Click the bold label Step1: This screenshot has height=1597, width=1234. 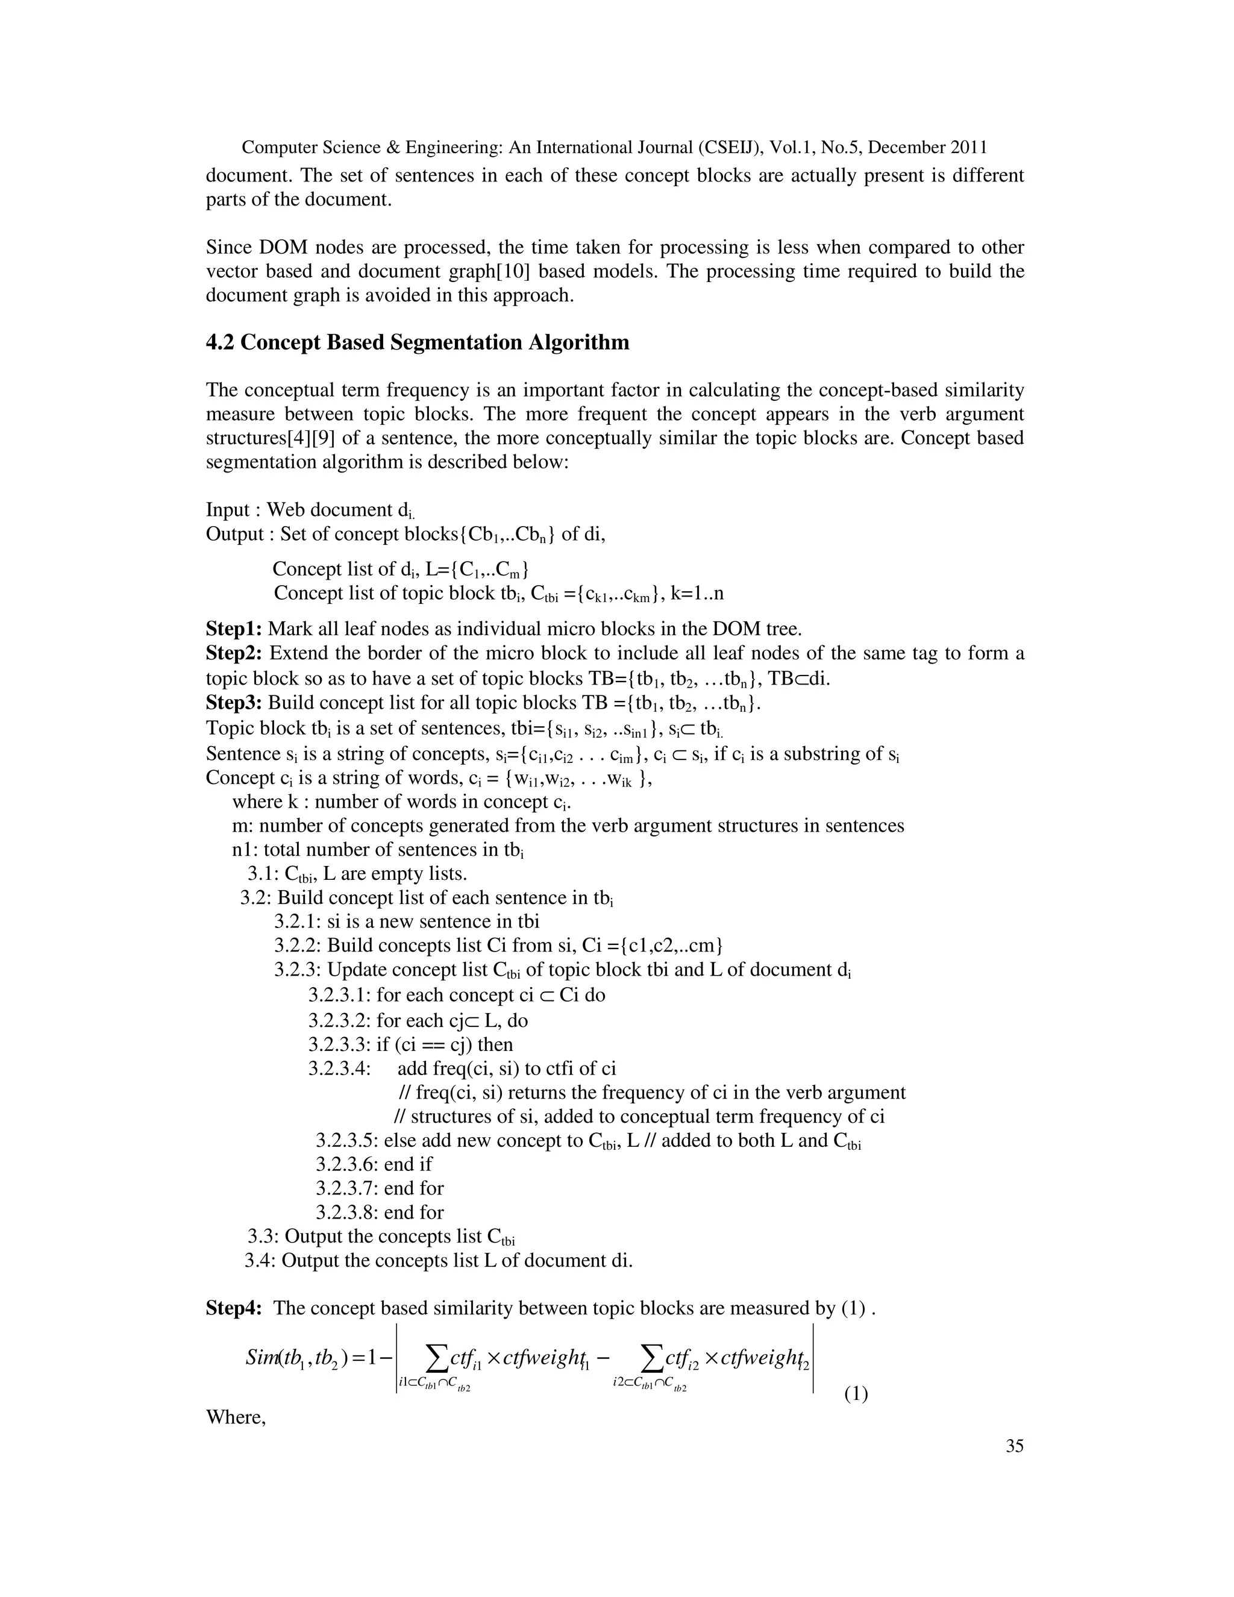pos(234,629)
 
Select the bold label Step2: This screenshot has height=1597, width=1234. pos(234,653)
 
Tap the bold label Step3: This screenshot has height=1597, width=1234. pos(234,703)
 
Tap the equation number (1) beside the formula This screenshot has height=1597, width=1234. pos(856,1394)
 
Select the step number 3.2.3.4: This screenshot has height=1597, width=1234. pos(339,1068)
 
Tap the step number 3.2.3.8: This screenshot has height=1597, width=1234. pos(346,1213)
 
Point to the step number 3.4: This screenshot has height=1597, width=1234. pos(260,1261)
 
